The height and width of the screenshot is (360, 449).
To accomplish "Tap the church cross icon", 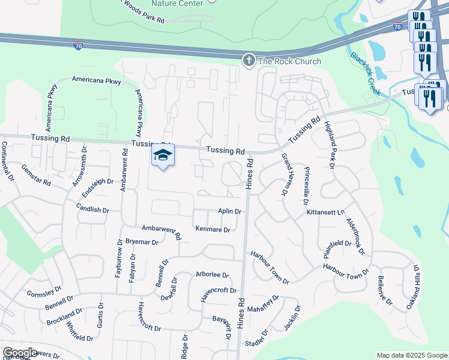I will [249, 60].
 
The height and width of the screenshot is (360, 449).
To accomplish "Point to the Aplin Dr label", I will [229, 212].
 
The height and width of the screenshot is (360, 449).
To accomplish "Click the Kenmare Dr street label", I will [213, 229].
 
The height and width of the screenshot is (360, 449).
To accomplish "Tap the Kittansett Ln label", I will [327, 212].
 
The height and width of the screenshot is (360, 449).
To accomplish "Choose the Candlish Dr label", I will [92, 211].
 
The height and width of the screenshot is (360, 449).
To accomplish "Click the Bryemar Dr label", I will [142, 242].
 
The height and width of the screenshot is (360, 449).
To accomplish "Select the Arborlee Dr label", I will [212, 275].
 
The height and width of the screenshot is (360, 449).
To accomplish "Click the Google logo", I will [19, 353].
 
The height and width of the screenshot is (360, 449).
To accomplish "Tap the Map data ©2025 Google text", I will [411, 355].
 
